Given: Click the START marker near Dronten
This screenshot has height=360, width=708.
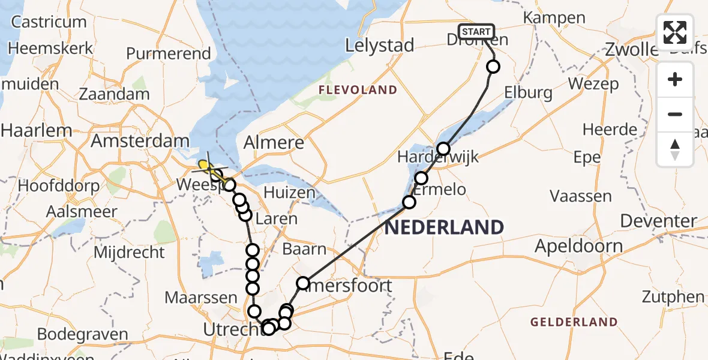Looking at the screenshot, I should [476, 31].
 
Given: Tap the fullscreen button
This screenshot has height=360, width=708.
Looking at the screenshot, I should [675, 32].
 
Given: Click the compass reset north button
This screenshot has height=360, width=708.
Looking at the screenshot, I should [675, 149].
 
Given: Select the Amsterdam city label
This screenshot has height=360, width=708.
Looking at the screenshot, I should [140, 141].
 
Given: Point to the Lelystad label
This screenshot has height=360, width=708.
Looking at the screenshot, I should [380, 46].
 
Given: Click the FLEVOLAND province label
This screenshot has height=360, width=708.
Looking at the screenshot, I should [358, 90].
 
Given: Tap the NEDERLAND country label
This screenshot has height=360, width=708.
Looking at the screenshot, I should [444, 227].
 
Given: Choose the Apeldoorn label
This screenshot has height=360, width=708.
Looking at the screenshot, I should [578, 246].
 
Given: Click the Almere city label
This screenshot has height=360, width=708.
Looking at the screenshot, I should [275, 143].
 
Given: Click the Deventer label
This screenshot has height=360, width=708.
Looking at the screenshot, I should [658, 221].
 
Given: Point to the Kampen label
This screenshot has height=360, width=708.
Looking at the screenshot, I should [554, 17].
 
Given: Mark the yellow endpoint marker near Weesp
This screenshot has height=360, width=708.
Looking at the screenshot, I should [204, 164].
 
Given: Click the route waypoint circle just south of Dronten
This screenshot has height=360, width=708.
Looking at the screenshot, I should [493, 67].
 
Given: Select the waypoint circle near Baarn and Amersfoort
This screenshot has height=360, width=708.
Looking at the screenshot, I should [303, 283].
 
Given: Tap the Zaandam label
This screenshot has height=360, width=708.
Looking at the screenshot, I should [115, 94].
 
